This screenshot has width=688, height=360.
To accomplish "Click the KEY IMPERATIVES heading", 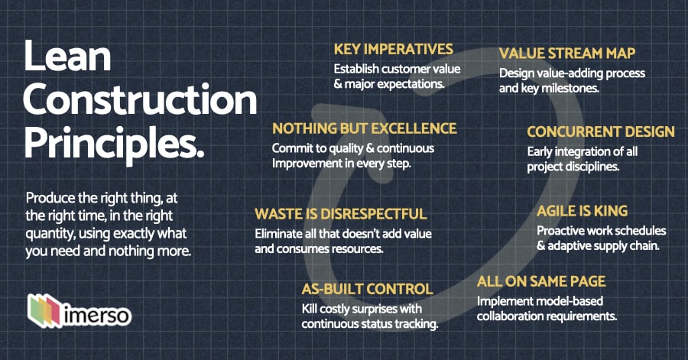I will (393, 50).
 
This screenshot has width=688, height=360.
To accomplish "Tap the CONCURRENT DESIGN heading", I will (601, 131).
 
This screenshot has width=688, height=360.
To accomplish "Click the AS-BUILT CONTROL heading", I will (367, 290).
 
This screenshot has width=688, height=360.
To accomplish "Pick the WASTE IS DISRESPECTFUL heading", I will (340, 214).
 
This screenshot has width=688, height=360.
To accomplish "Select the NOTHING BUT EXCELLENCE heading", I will (364, 128).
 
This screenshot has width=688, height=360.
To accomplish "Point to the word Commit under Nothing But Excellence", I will (291, 148).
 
